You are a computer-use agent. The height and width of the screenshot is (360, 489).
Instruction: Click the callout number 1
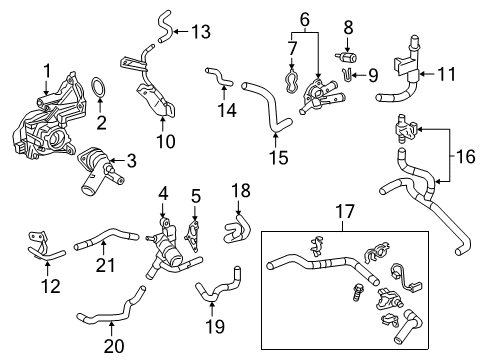pyautogui.click(x=46, y=70)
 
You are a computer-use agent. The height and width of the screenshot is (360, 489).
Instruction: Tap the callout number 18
pyautogui.click(x=241, y=190)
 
